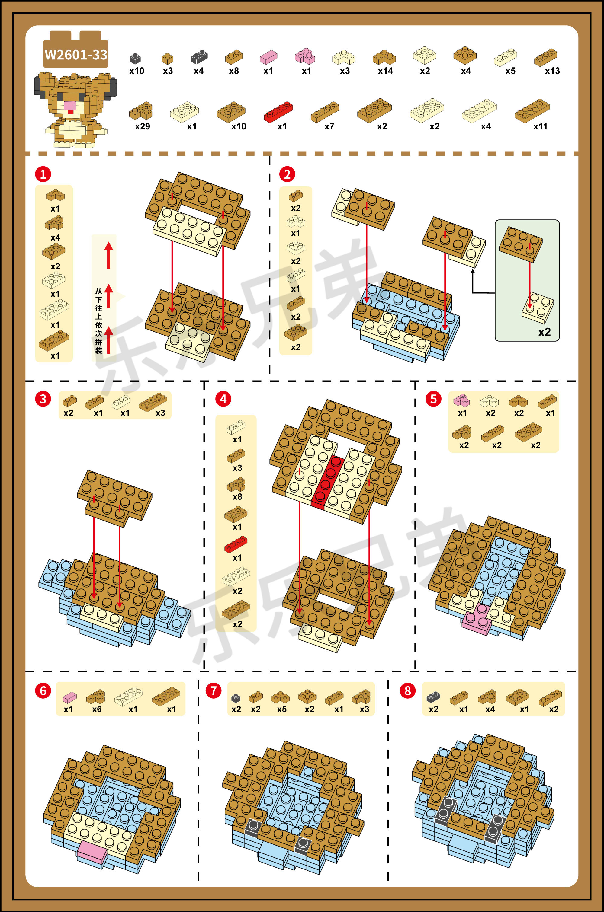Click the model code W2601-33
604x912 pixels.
[76, 55]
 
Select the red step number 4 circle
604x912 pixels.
[223, 399]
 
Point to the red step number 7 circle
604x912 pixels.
[214, 691]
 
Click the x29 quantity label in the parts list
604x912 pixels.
[142, 126]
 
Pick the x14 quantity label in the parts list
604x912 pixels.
[385, 71]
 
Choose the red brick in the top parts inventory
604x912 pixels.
[278, 112]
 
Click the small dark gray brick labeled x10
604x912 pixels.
[135, 59]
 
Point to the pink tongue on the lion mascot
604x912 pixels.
[70, 112]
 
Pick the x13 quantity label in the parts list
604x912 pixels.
[552, 71]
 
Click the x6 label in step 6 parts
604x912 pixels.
[97, 709]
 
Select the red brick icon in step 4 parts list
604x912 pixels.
[236, 544]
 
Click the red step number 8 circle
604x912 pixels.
[407, 691]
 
